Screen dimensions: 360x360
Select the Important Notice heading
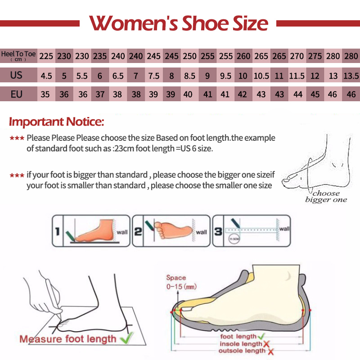pyautogui.click(x=57, y=121)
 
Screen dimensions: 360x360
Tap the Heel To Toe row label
pyautogui.click(x=18, y=56)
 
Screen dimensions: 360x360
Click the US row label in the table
pyautogui.click(x=17, y=75)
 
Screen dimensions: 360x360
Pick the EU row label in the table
pyautogui.click(x=17, y=94)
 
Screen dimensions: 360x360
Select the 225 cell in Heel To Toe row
pyautogui.click(x=46, y=57)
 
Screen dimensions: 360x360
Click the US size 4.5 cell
pyautogui.click(x=46, y=76)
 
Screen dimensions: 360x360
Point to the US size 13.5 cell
pyautogui.click(x=351, y=76)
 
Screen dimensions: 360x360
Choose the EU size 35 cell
pyautogui.click(x=46, y=94)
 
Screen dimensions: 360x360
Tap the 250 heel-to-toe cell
pyautogui.click(x=189, y=57)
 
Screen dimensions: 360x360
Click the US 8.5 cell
pyautogui.click(x=189, y=76)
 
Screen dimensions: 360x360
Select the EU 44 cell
pyautogui.click(x=297, y=94)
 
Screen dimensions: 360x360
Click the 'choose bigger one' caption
pyautogui.click(x=326, y=197)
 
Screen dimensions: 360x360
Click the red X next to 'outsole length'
pyautogui.click(x=270, y=351)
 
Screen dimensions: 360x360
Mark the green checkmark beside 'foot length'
pyautogui.click(x=261, y=336)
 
